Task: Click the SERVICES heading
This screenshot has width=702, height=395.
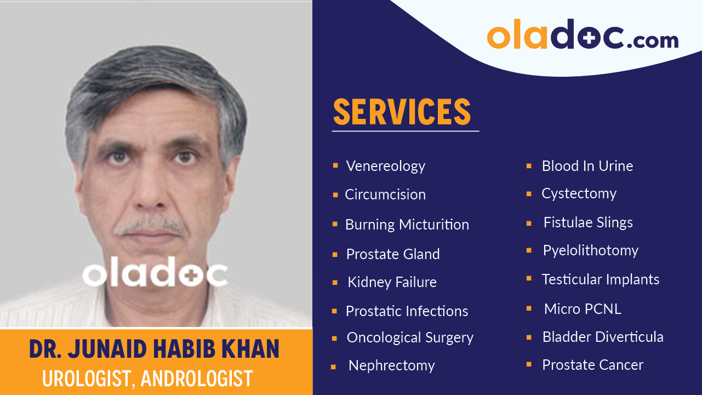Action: coord(402,112)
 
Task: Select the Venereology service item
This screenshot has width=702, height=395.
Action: coord(385,166)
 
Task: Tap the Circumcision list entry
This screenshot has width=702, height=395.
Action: coord(385,194)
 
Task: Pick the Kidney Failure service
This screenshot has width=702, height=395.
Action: coord(392,282)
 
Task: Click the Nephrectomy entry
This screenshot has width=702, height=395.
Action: coord(391,365)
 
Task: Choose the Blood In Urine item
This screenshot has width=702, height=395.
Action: coord(587,166)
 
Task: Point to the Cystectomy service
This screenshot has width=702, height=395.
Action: coord(579,193)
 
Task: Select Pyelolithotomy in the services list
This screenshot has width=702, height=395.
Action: coord(590,250)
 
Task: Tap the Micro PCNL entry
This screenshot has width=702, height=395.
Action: coord(582,309)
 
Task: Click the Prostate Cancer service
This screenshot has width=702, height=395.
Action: coord(592,365)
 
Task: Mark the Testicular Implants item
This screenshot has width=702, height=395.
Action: coord(600,279)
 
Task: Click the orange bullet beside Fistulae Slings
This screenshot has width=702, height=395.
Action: coord(529,223)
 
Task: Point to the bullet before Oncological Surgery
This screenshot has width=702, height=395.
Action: coord(334,339)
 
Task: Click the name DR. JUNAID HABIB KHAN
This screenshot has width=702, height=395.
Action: coord(154,349)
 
